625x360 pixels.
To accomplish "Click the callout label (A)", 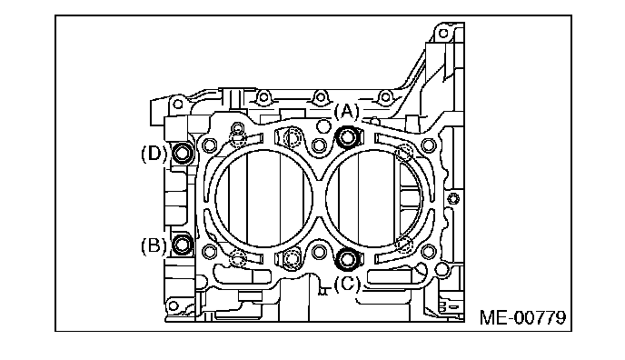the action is (346, 112).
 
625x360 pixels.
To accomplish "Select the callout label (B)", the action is (154, 245).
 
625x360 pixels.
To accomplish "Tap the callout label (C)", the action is (347, 284).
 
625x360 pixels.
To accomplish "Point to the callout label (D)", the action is (154, 154).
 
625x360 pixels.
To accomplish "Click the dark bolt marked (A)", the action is (348, 137).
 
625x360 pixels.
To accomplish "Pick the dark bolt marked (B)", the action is (183, 245).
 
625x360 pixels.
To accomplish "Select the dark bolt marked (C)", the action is (348, 258).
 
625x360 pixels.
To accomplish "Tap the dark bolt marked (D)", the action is (183, 153).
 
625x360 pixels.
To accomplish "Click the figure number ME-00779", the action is (522, 318).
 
